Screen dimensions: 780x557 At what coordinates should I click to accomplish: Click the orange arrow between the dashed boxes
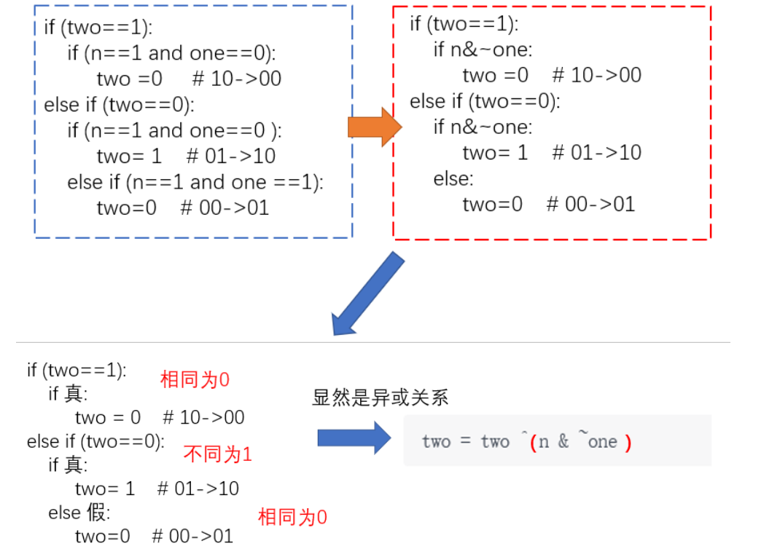click(x=375, y=127)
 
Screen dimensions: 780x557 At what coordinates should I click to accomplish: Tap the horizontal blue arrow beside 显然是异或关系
click(x=354, y=438)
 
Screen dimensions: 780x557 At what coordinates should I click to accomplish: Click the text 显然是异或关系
click(x=380, y=398)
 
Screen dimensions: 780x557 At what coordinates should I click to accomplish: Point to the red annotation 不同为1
click(x=217, y=455)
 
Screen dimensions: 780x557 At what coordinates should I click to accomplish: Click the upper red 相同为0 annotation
click(x=195, y=379)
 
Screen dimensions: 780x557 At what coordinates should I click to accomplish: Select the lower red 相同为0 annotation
click(x=292, y=518)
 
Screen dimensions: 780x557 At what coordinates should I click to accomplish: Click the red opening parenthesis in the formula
click(x=534, y=442)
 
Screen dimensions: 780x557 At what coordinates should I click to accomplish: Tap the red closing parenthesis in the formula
click(x=628, y=442)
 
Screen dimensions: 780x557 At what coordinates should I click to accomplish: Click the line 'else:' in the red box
click(x=453, y=178)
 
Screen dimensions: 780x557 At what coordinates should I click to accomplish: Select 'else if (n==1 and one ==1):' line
click(x=195, y=182)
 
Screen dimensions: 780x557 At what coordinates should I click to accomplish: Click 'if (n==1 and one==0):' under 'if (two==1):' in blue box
click(x=172, y=52)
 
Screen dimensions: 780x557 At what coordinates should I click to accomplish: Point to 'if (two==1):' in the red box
click(x=464, y=24)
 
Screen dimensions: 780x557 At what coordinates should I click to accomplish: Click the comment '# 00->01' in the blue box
click(x=225, y=208)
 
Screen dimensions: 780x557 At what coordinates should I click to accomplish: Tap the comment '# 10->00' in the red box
click(x=597, y=75)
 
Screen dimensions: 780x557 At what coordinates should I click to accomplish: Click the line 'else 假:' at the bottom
click(x=79, y=513)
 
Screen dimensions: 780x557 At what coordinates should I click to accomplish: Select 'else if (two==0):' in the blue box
click(x=119, y=105)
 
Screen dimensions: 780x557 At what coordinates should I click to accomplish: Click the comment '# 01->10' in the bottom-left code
click(x=198, y=489)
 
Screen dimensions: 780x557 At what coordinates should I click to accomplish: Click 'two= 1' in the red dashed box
click(x=495, y=153)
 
